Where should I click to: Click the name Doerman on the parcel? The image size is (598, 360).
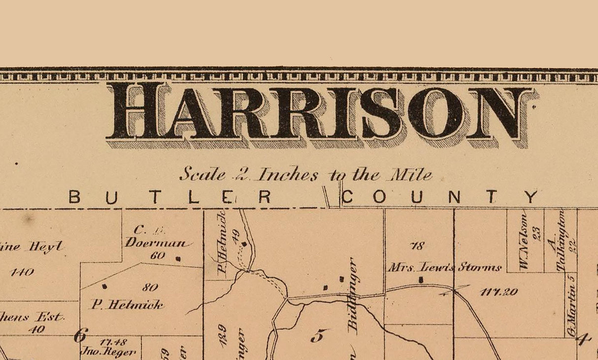pos(157,242)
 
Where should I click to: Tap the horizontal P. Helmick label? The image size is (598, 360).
pos(127,305)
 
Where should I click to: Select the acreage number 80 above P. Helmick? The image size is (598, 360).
pos(150,288)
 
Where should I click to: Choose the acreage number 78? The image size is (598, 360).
pos(417,246)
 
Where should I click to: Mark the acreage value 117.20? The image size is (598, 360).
pos(499,292)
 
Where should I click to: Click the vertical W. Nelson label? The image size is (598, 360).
pos(524,241)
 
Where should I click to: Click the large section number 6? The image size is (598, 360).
pos(79,335)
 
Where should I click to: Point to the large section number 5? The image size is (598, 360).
pos(318,336)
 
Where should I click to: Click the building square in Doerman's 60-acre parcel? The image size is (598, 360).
pos(178,258)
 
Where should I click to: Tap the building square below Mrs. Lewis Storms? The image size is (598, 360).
pos(421,280)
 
